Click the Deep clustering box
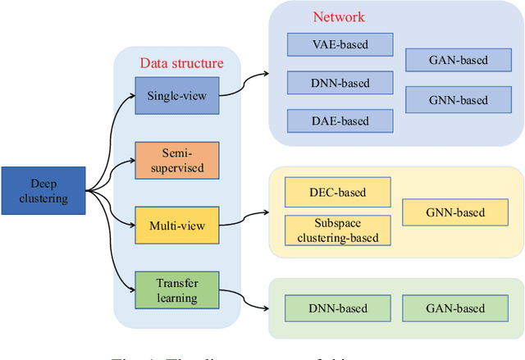pyautogui.click(x=43, y=191)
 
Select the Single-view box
pyautogui.click(x=178, y=96)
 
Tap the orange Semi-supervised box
pyautogui.click(x=178, y=160)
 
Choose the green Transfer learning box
pyautogui.click(x=178, y=290)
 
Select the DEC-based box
pyautogui.click(x=337, y=194)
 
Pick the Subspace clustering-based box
pyautogui.click(x=337, y=230)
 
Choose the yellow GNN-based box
pyautogui.click(x=454, y=212)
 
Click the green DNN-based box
pyautogui.click(x=338, y=308)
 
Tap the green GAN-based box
pyautogui.click(x=454, y=308)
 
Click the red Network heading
pyautogui.click(x=339, y=17)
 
